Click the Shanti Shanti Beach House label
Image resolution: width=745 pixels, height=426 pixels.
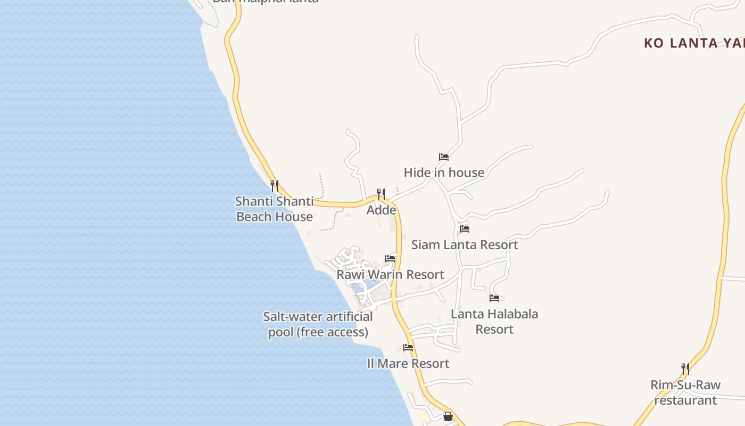pos(274,209)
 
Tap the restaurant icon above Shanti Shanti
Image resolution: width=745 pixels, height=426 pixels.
pos(275,185)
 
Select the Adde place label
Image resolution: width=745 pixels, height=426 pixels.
pos(382,210)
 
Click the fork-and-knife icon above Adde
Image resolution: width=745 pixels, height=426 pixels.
pos(381,194)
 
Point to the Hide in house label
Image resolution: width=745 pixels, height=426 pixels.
pos(444,173)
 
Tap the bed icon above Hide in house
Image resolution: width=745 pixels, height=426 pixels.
pos(444,157)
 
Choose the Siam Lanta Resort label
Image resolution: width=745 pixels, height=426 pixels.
pos(465,244)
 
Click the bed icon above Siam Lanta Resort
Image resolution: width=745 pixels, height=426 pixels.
pos(465,229)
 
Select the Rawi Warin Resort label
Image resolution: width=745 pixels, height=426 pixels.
pos(390,274)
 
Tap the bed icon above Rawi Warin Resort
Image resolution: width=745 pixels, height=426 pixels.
pos(390,259)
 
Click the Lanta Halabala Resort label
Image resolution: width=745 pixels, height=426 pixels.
pos(494,321)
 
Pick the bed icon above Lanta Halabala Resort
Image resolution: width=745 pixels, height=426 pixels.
pos(494,298)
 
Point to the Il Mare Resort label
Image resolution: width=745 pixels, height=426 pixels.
pos(408,363)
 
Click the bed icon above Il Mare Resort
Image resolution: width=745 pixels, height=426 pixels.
pos(408,348)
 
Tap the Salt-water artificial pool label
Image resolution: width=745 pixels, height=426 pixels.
pos(318,324)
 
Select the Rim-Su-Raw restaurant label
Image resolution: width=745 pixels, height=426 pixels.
pos(685,392)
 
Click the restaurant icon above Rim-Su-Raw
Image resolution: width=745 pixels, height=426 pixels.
pos(685,368)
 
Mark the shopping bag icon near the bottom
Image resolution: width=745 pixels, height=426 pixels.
pos(448,416)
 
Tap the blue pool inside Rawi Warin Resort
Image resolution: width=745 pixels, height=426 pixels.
pos(358,288)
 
